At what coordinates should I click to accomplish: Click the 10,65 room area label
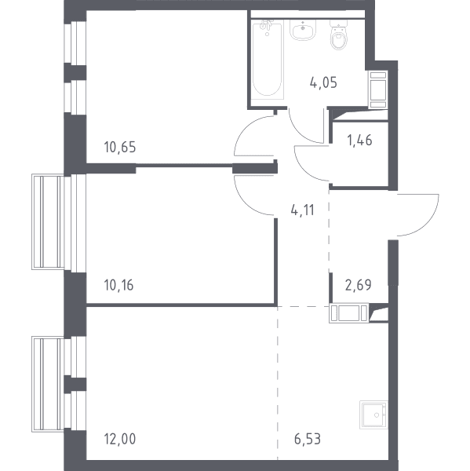click(120, 148)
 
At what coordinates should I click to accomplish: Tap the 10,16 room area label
click(118, 285)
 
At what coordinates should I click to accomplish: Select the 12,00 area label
click(120, 439)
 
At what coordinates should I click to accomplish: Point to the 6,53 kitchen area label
click(308, 439)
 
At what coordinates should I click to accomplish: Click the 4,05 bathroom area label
click(323, 82)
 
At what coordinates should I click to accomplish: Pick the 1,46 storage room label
click(359, 140)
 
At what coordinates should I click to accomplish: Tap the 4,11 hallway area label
click(302, 210)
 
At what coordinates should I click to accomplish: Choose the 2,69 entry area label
click(359, 285)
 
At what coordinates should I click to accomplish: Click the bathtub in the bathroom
click(267, 59)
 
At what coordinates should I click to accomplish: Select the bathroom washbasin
click(303, 30)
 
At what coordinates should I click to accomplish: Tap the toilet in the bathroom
click(339, 35)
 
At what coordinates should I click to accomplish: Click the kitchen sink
click(373, 414)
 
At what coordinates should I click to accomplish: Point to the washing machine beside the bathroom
click(377, 89)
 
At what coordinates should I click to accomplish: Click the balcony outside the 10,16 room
click(48, 221)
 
